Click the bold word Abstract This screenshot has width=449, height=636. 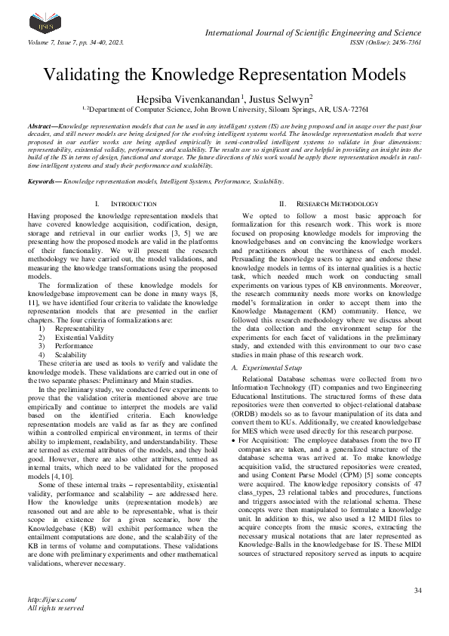tap(42, 125)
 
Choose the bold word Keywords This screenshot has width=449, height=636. tap(44, 181)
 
